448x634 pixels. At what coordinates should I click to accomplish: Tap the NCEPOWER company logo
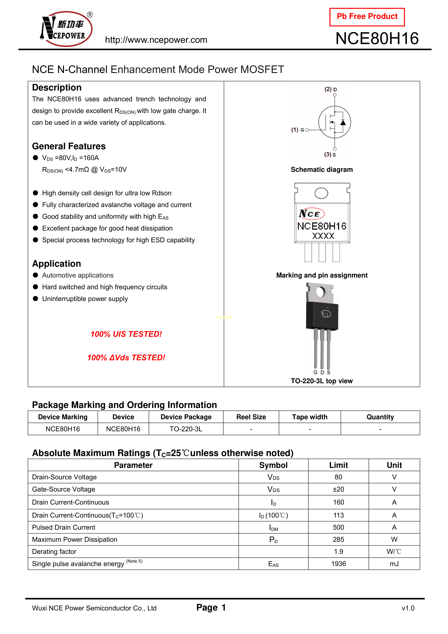tap(66, 29)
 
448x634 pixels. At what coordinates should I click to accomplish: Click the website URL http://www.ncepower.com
tap(156, 40)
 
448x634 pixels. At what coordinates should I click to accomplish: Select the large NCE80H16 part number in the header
tap(377, 38)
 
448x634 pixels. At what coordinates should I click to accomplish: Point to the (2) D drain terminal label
tap(330, 89)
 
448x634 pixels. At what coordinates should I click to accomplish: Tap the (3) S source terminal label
tap(330, 155)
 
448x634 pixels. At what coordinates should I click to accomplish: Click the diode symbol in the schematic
tap(343, 122)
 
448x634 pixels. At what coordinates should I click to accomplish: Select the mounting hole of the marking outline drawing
tap(321, 193)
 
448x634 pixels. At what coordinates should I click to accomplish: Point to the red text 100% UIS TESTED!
tap(126, 334)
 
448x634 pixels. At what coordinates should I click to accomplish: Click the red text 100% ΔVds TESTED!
tap(126, 358)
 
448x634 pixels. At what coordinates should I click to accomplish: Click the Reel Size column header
tap(251, 417)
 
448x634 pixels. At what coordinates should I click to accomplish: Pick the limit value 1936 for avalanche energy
tap(338, 564)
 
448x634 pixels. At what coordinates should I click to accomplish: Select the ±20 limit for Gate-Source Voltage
tap(338, 489)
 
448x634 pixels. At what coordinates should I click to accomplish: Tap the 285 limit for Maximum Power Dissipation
tap(338, 539)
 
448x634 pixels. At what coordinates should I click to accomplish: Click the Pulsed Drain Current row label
tap(64, 527)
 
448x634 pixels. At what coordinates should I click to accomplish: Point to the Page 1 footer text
tap(211, 607)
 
